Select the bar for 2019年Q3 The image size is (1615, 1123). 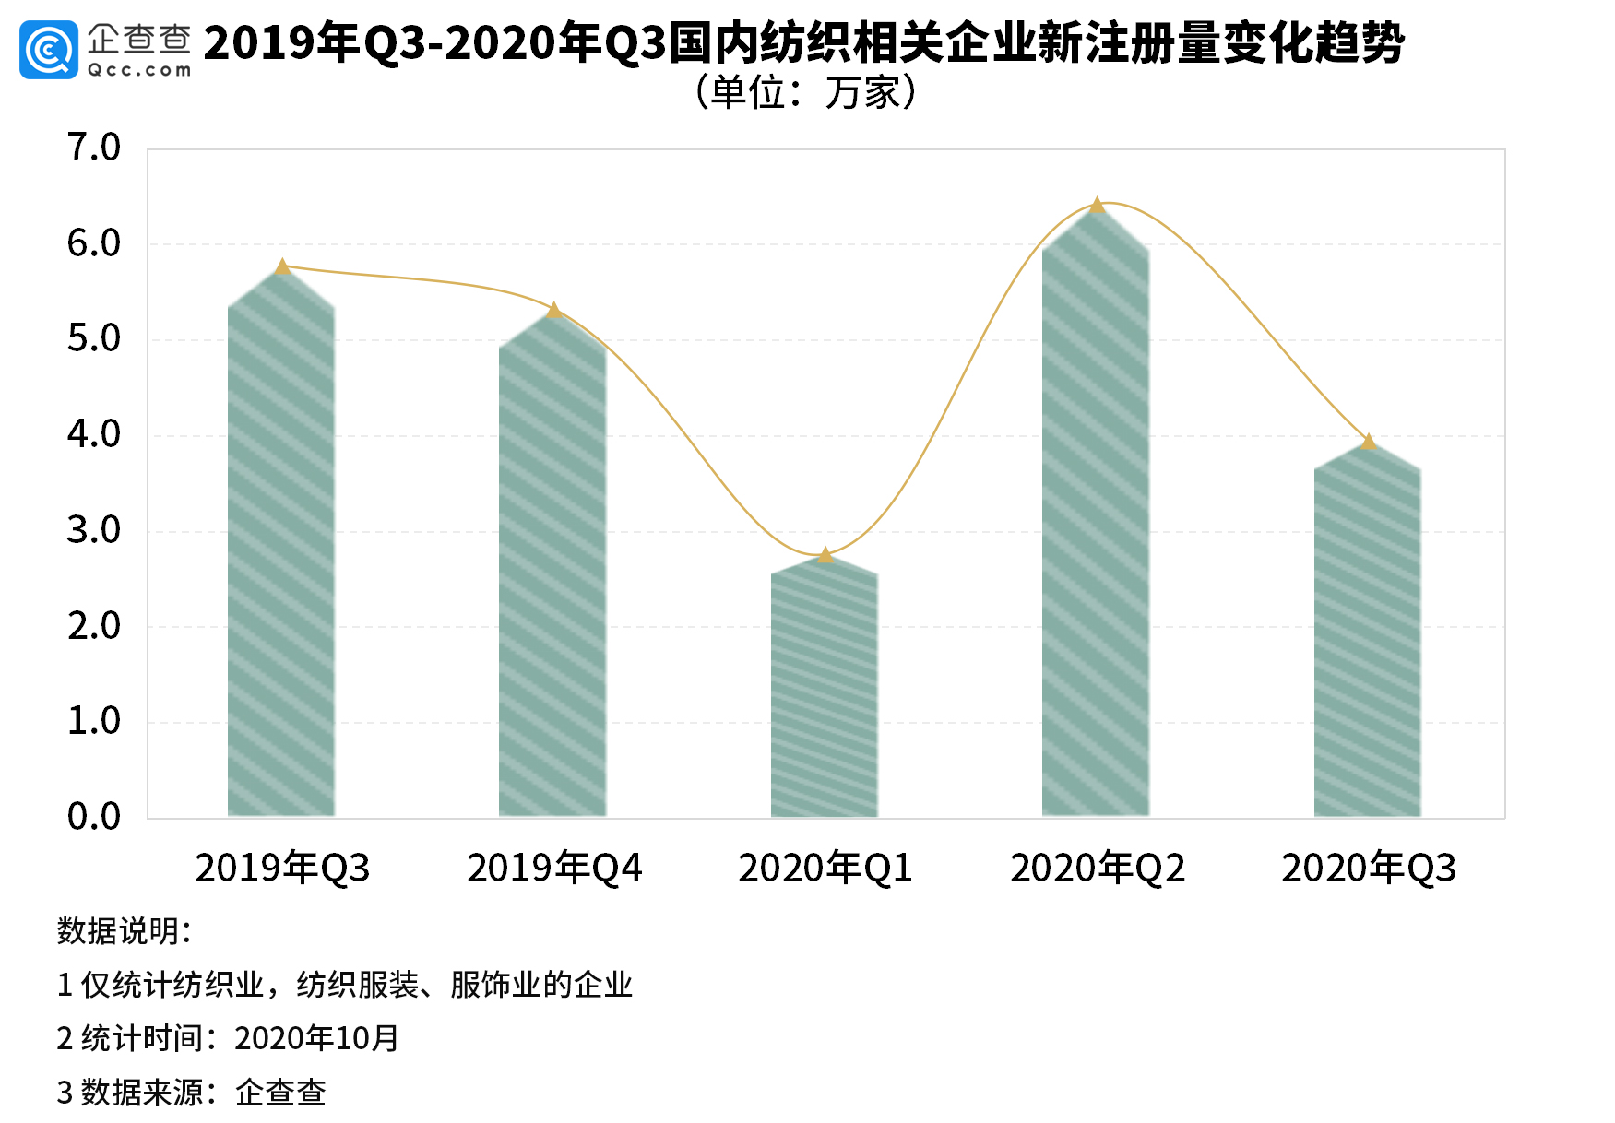click(x=281, y=553)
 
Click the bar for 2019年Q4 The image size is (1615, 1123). click(x=552, y=572)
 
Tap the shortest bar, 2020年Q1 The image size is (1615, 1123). click(x=825, y=692)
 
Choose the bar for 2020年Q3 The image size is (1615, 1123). click(x=1368, y=636)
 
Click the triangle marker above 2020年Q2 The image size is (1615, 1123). click(x=1097, y=206)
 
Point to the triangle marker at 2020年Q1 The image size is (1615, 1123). click(x=825, y=555)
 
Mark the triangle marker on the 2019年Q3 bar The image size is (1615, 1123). click(x=283, y=266)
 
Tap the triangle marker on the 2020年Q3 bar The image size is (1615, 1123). click(x=1369, y=443)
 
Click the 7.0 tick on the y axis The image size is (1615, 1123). click(x=94, y=148)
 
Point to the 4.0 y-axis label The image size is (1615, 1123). click(x=94, y=434)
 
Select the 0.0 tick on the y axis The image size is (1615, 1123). click(x=94, y=817)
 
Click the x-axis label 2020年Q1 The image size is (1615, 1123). click(x=825, y=869)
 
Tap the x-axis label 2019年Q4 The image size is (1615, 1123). click(x=554, y=869)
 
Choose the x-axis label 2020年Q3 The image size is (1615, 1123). click(x=1369, y=869)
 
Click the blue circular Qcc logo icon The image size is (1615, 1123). click(x=48, y=50)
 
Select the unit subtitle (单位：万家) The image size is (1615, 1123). click(x=806, y=93)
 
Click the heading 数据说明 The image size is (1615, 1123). click(x=124, y=931)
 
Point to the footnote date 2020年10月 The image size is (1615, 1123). click(x=316, y=1039)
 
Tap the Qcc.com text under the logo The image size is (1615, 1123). click(x=139, y=70)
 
